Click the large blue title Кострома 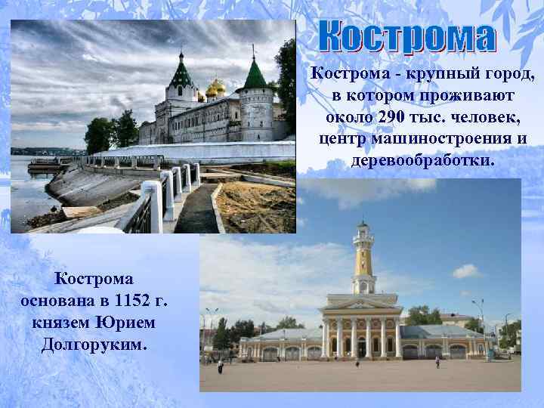[406, 37]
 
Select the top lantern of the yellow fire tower [363, 228]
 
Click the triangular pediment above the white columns [360, 303]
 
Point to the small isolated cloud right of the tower [465, 270]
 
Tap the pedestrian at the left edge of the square [220, 366]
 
